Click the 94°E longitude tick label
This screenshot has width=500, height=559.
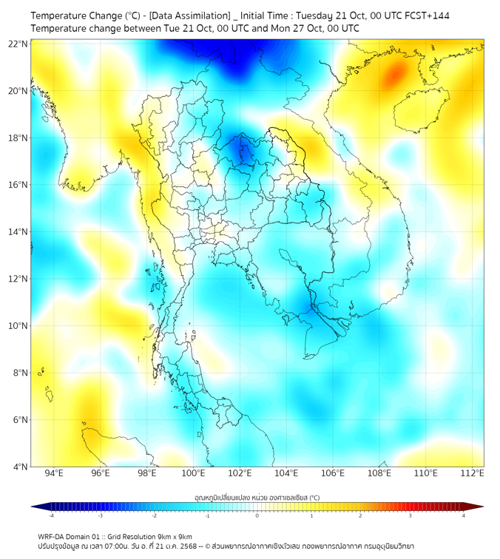(54, 474)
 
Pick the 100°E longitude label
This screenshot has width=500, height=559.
(194, 474)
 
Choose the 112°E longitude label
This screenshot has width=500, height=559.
(473, 474)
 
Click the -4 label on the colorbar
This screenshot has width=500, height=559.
(51, 515)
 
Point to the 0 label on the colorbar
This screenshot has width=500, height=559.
(257, 515)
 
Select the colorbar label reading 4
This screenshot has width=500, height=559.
(463, 515)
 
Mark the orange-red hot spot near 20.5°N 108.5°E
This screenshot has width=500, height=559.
(395, 73)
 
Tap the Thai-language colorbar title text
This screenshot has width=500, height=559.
(257, 498)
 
